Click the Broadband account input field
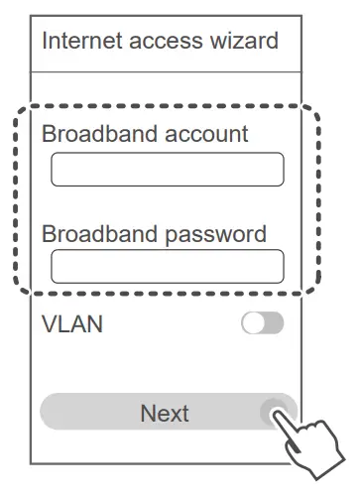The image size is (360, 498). [167, 170]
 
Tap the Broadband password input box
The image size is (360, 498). [167, 266]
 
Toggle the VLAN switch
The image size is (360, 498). [262, 323]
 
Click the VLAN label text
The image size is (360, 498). [71, 323]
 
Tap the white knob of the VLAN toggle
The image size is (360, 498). [253, 323]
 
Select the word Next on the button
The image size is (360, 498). [165, 412]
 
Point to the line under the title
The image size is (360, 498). [166, 71]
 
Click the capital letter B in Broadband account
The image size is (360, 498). [49, 134]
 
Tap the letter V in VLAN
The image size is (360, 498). [49, 323]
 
